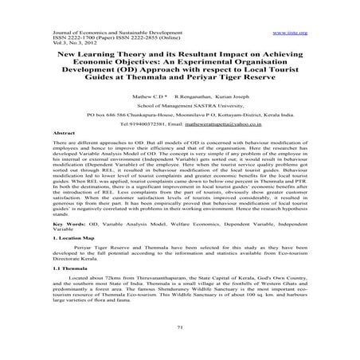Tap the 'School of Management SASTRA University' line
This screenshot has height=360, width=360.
(x=180, y=115)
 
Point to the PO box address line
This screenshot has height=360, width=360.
(x=180, y=125)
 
